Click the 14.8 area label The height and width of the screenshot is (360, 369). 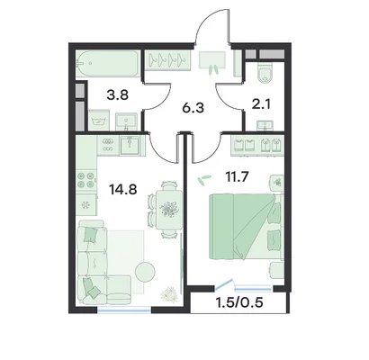(x=123, y=190)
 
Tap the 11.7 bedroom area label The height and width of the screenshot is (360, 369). (x=237, y=176)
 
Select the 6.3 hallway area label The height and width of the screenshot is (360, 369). (x=193, y=108)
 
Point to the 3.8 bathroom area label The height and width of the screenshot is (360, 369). (x=118, y=95)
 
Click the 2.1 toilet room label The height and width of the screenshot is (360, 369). (x=261, y=104)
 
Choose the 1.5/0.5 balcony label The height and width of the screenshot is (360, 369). (x=239, y=302)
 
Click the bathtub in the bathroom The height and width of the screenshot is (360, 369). (x=107, y=64)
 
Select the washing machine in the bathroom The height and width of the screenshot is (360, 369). (x=100, y=121)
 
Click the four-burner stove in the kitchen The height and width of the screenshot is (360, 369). (x=86, y=179)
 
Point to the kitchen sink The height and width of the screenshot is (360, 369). (x=130, y=145)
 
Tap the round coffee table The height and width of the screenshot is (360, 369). (x=145, y=272)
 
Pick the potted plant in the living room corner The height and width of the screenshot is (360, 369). (x=170, y=294)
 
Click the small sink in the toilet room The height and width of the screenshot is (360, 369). (x=265, y=126)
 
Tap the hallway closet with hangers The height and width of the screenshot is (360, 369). (x=167, y=60)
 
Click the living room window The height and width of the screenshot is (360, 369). (x=124, y=310)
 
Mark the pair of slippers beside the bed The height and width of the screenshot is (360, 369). (x=203, y=180)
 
